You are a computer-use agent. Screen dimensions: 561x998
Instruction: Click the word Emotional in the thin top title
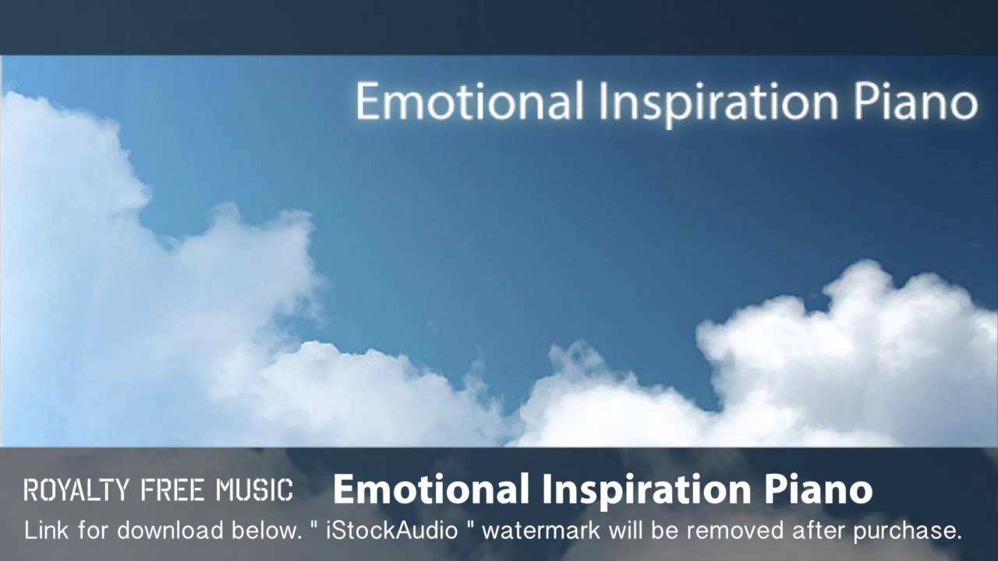[469, 102]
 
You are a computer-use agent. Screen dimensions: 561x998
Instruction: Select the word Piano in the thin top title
[911, 102]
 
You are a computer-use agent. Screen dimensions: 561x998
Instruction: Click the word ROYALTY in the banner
[76, 490]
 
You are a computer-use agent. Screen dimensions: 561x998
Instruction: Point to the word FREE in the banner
[173, 490]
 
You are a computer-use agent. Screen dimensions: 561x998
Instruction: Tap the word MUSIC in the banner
[254, 490]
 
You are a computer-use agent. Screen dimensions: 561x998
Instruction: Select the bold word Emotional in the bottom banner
[432, 489]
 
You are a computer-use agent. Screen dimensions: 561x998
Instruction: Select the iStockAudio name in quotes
[391, 531]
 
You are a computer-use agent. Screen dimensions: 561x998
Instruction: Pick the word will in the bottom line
[626, 531]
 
